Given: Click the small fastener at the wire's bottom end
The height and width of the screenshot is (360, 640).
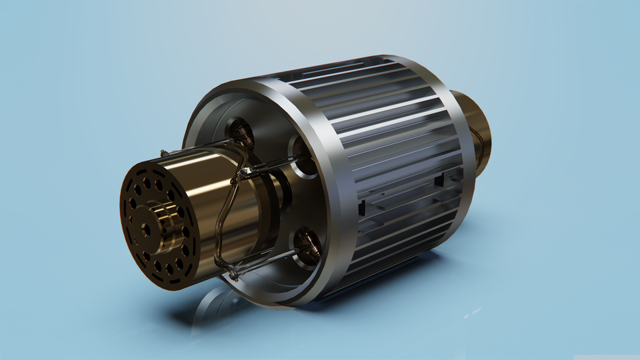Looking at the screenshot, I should pyautogui.click(x=233, y=274).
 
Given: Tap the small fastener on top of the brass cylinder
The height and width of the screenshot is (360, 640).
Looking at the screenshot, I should pyautogui.click(x=163, y=154).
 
